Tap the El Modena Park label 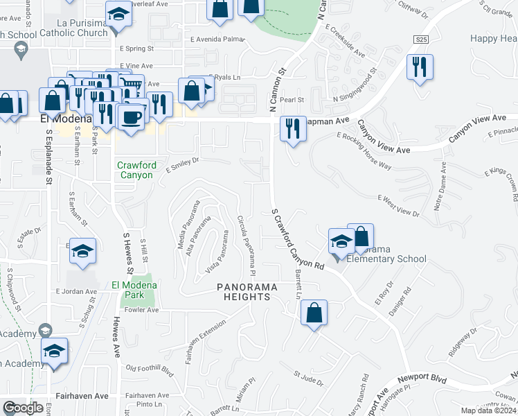(x=134, y=290)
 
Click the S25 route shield (x=420, y=40)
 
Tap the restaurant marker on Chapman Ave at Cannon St (x=293, y=129)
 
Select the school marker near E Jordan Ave (x=82, y=252)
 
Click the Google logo (x=23, y=408)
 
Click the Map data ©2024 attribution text (x=488, y=410)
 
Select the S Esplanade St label (x=48, y=159)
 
